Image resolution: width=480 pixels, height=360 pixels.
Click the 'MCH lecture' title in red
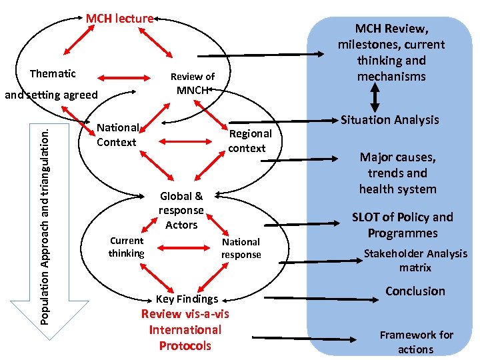coord(119,19)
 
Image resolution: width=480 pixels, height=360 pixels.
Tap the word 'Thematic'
coord(53,73)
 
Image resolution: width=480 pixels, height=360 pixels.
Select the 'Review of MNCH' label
coord(192,83)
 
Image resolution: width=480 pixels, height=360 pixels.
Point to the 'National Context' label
coord(117,135)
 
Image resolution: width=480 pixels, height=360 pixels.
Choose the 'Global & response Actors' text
coord(181,211)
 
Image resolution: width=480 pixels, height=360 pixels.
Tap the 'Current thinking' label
coord(126,247)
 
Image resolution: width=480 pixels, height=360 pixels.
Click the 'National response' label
coord(241,248)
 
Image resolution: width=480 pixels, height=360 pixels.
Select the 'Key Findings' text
coord(187,299)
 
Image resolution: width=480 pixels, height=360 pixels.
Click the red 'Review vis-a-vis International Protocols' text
coord(185,329)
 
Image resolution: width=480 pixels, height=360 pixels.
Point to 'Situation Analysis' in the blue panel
coord(389,120)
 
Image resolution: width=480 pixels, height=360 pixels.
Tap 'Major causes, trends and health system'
coord(397,173)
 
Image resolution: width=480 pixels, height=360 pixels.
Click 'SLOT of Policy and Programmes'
coord(402,225)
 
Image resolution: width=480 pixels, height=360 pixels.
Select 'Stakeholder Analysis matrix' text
coord(415,260)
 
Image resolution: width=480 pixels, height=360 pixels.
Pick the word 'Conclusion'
coord(415,291)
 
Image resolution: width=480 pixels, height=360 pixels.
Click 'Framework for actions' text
coord(416,342)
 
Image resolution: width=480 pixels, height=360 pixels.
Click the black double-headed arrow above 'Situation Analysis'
coord(374,98)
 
